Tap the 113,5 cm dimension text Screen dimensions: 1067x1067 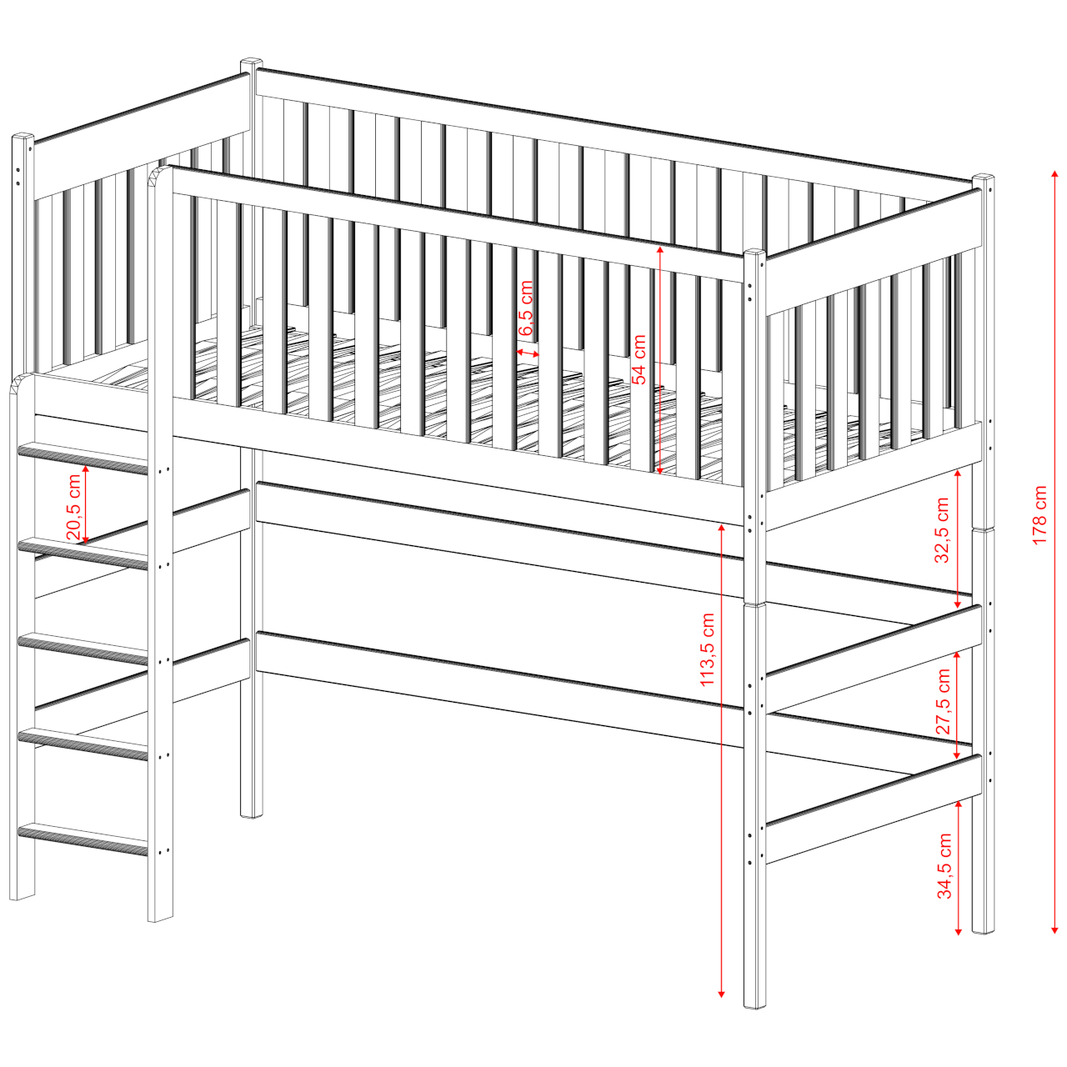pos(707,649)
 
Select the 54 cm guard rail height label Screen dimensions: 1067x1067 pos(639,358)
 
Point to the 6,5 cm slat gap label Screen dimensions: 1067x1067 pos(526,308)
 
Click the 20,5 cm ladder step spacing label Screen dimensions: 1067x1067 pos(73,508)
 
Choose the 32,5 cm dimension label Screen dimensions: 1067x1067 pos(942,530)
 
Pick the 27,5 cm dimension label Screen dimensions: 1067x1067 pos(943,702)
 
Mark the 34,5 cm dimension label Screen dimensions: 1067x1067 pos(944,874)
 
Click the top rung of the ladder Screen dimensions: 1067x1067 pos(83,458)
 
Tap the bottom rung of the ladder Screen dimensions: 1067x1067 pos(83,839)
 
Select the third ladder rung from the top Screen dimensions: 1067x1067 pos(83,649)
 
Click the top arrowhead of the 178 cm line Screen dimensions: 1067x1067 pos(1054,176)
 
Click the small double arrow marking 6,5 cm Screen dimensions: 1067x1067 pos(528,352)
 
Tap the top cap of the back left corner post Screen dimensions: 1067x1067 pos(252,61)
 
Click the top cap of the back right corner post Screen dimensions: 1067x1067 pos(983,178)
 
